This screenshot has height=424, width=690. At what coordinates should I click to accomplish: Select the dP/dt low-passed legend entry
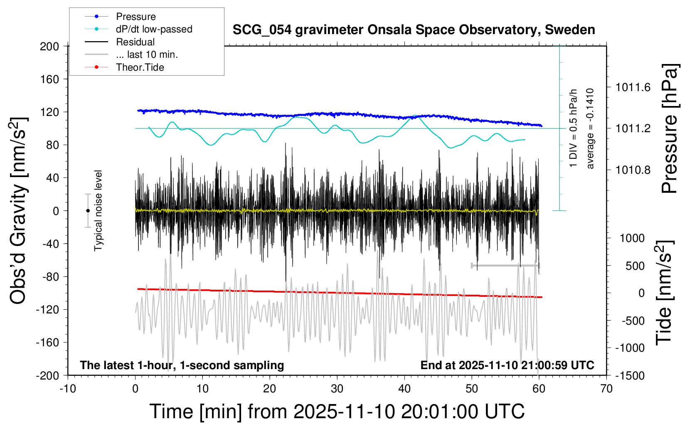click(154, 29)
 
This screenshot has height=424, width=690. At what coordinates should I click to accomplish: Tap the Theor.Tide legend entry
click(140, 67)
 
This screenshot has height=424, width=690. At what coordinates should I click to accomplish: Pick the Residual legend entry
click(135, 42)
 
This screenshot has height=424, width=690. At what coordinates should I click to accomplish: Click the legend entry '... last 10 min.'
click(147, 54)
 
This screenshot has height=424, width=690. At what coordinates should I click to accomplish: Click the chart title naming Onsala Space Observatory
click(414, 30)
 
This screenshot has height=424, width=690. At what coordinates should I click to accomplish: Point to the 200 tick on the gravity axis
click(49, 46)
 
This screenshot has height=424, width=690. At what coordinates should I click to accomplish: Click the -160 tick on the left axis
click(47, 343)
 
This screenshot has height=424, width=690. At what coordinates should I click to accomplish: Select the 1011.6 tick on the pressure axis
click(633, 87)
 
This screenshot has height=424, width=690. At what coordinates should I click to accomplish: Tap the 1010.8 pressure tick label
click(633, 170)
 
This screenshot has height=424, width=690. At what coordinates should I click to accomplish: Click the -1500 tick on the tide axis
click(629, 376)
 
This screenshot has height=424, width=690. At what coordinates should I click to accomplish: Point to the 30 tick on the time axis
click(337, 389)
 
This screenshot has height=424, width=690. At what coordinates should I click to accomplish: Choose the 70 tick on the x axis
click(606, 389)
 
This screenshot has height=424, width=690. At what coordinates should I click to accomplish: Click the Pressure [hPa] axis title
click(670, 128)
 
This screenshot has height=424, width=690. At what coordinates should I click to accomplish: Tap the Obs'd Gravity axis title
click(19, 211)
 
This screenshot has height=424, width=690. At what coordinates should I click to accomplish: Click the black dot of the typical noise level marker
click(88, 211)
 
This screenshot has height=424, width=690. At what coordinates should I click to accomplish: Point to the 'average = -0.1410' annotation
click(590, 128)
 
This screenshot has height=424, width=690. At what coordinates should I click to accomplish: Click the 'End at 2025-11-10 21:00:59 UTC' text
click(507, 365)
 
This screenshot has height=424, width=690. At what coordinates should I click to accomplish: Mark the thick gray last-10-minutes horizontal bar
click(505, 265)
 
